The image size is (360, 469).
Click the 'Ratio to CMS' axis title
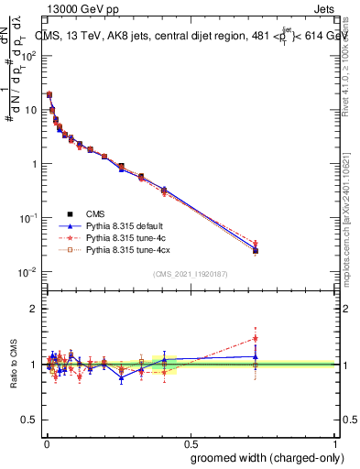[13, 364]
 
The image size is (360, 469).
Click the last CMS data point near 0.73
[256, 251]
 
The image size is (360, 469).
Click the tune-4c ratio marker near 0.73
[256, 338]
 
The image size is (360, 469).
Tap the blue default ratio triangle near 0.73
[256, 356]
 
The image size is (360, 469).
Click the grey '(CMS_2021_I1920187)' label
[190, 274]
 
